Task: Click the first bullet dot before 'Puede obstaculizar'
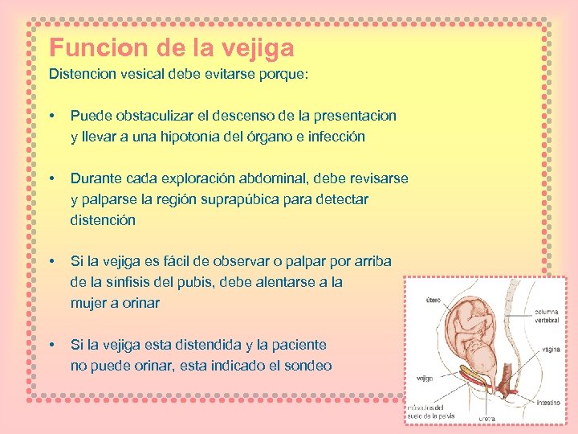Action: pos(51,116)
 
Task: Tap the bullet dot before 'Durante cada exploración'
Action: pos(51,178)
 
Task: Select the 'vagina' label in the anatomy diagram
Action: pos(550,349)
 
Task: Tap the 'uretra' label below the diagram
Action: pos(486,419)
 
